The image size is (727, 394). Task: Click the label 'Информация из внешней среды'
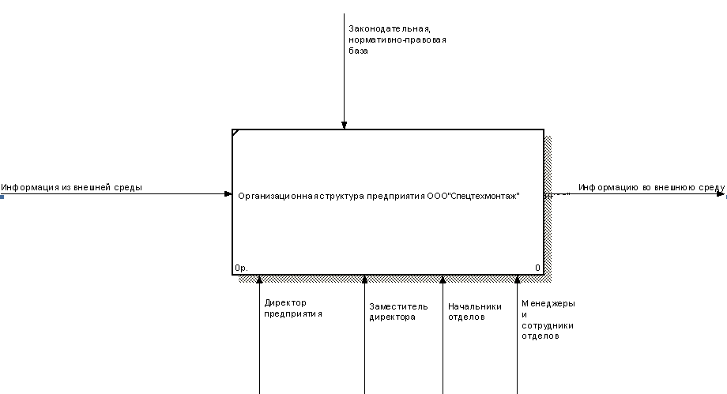[72, 187]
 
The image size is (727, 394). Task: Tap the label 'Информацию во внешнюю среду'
[651, 187]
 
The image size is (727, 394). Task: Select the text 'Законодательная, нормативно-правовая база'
[397, 39]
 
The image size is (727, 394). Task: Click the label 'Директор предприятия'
[293, 308]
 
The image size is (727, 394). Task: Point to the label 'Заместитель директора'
[398, 312]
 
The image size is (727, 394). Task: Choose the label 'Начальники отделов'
[474, 312]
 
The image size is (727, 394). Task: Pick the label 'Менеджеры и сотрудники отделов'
[548, 319]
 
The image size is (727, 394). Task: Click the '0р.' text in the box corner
[241, 268]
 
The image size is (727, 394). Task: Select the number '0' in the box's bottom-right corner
[537, 268]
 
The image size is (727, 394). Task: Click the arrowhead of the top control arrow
[344, 125]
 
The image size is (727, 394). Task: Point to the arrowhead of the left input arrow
[228, 193]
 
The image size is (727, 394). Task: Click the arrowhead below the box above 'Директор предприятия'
[259, 279]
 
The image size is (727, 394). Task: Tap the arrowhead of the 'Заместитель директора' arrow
[364, 279]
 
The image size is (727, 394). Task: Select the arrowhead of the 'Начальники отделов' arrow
[443, 279]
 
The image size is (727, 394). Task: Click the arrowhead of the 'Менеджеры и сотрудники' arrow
[518, 279]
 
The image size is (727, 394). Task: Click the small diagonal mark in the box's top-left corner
[235, 133]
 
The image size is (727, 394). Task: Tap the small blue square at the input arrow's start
[2, 196]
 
